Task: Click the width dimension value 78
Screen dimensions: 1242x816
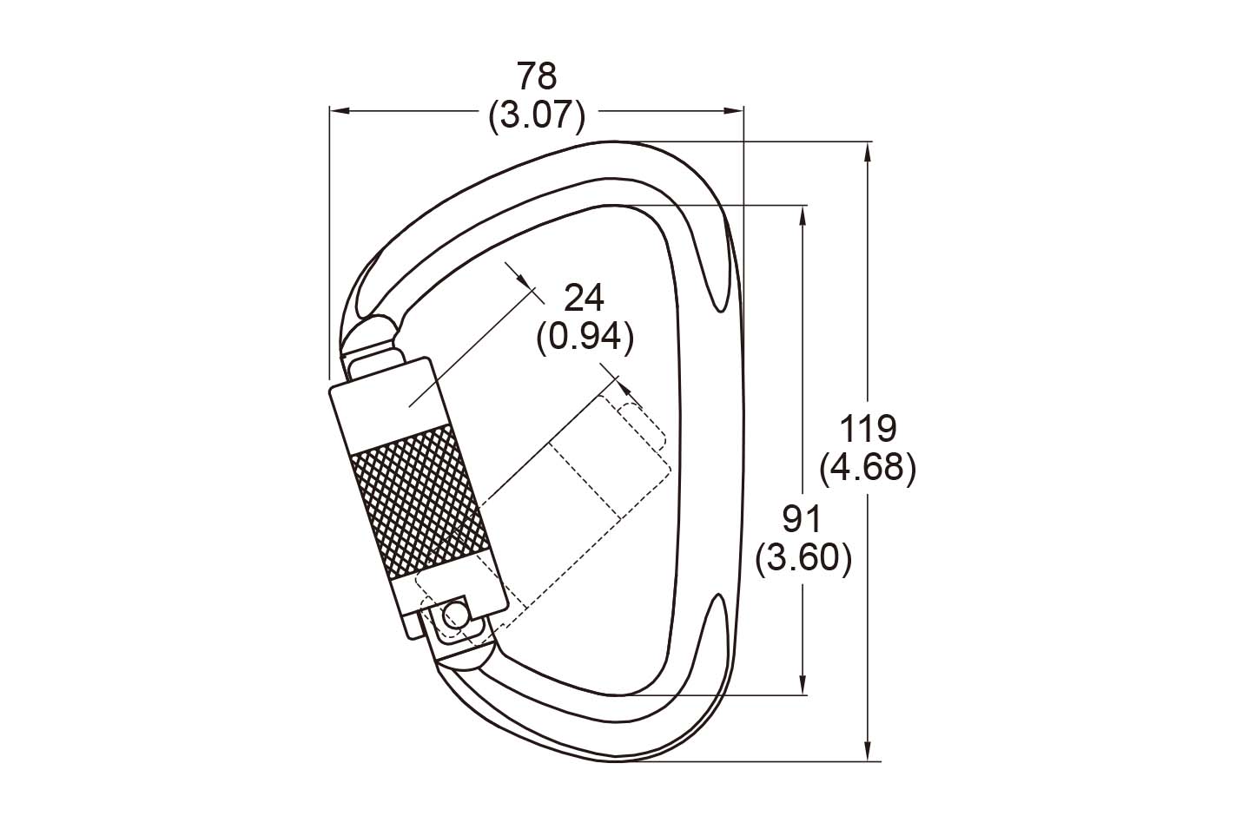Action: click(537, 76)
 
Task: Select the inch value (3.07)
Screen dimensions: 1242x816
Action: click(537, 115)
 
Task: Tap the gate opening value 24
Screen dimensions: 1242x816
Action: click(584, 299)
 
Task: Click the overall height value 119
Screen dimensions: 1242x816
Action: click(868, 429)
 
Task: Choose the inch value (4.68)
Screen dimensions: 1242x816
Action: click(868, 469)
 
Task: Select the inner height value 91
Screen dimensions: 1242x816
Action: click(802, 520)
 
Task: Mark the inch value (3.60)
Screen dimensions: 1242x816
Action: click(803, 559)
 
